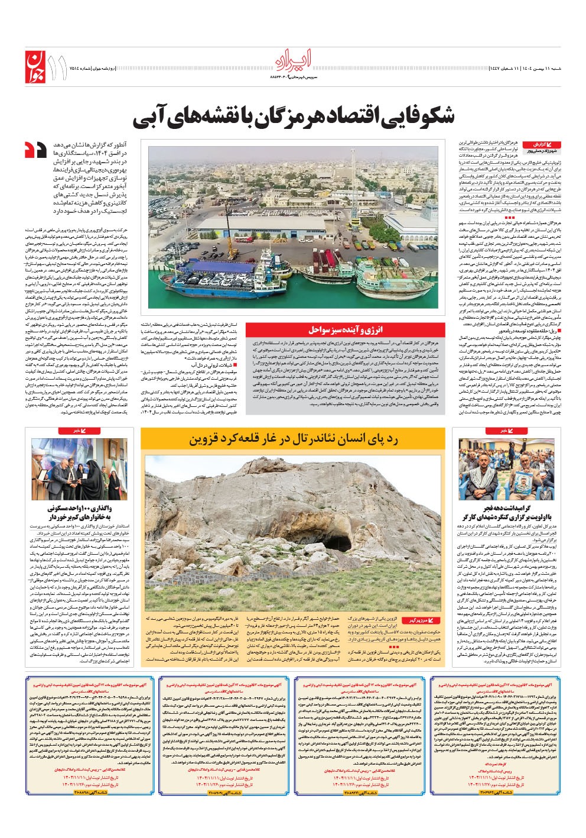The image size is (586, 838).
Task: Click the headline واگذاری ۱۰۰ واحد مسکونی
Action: tap(88, 508)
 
